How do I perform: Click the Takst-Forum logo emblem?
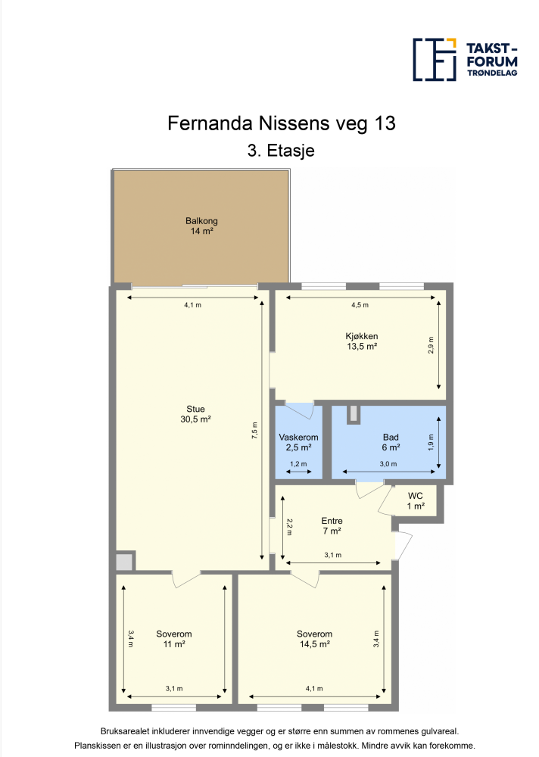click(435, 59)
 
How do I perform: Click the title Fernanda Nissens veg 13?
click(282, 123)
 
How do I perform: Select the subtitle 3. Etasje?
click(281, 151)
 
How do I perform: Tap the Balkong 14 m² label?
click(201, 226)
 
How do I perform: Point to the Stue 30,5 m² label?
click(195, 414)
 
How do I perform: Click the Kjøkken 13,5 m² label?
click(362, 341)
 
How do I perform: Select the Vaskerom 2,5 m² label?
click(298, 442)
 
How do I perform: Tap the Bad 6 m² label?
click(391, 442)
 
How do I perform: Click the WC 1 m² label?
click(416, 501)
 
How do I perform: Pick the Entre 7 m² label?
click(332, 526)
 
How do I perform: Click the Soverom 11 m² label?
click(174, 639)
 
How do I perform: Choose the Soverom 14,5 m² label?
click(314, 639)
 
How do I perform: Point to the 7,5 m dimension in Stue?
click(254, 430)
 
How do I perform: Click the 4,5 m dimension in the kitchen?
click(360, 305)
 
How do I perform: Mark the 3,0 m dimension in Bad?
click(388, 464)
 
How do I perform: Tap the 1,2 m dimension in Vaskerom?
click(298, 464)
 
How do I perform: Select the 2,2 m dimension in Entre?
click(289, 527)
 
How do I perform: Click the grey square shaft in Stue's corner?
click(124, 562)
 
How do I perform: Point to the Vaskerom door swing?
click(300, 410)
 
